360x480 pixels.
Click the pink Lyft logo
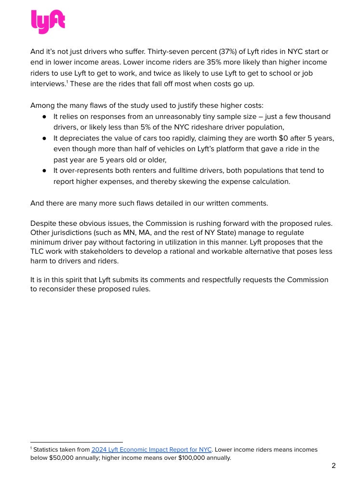click(48, 22)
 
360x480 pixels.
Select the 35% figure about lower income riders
click(173, 62)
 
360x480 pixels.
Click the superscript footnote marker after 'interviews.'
click(67, 82)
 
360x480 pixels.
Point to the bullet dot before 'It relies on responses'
click(44, 117)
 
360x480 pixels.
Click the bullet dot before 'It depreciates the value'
click(44, 138)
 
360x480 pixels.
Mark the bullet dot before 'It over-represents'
click(44, 170)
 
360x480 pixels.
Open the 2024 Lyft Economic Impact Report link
click(151, 450)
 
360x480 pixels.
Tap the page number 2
click(333, 466)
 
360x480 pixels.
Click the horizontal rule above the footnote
click(76, 442)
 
